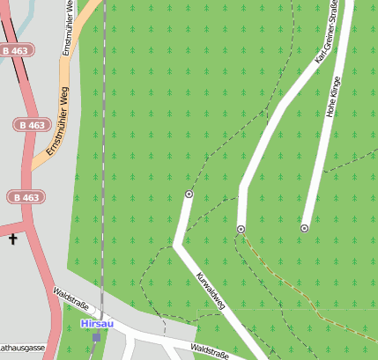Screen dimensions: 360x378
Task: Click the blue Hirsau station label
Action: click(x=96, y=324)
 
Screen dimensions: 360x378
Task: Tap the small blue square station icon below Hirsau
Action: click(x=96, y=337)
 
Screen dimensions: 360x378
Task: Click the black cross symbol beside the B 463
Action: click(x=13, y=239)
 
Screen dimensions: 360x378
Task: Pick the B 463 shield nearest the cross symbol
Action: click(x=24, y=197)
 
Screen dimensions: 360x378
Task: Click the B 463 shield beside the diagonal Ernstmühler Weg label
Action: click(x=31, y=125)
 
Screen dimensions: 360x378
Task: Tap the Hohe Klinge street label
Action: click(x=332, y=97)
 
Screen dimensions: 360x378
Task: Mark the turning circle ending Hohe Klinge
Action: click(x=304, y=229)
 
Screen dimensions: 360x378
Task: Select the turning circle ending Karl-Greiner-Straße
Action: click(x=240, y=229)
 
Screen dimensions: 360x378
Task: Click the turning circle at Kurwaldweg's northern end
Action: click(x=189, y=193)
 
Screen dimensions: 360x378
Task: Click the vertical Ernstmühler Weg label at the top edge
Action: click(x=67, y=31)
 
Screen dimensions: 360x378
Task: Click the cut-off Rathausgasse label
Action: click(x=22, y=349)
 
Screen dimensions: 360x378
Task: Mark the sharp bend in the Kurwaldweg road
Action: click(x=178, y=246)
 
